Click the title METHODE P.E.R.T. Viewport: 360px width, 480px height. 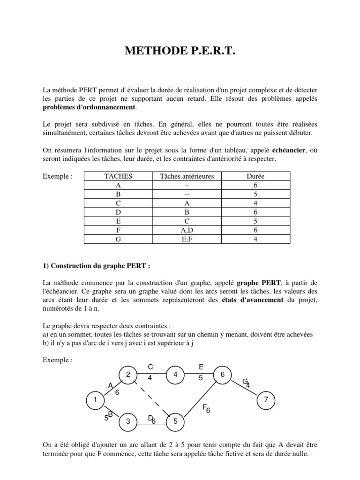[x=180, y=51]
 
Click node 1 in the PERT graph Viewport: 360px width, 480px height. [x=95, y=400]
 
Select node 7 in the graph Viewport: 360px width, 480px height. [x=266, y=400]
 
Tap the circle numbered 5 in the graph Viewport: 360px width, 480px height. [x=175, y=422]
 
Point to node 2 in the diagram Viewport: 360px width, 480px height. [x=127, y=375]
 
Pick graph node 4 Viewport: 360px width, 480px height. [x=175, y=375]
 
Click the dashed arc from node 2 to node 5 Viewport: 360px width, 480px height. [x=150, y=397]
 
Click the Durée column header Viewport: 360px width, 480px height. [x=255, y=176]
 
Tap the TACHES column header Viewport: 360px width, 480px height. [x=118, y=176]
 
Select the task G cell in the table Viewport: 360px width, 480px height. [x=118, y=240]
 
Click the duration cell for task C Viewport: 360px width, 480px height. [x=255, y=203]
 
